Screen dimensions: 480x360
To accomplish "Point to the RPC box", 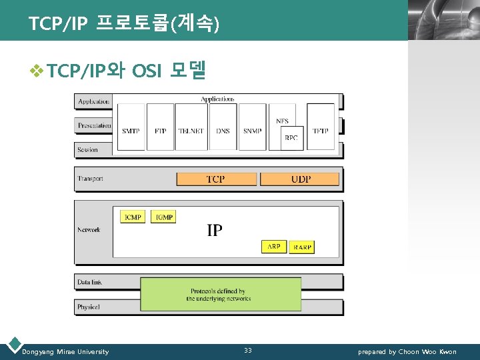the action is point(291,138).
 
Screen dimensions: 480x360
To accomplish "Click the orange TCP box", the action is point(215,179).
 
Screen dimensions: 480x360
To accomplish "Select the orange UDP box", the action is point(301,179).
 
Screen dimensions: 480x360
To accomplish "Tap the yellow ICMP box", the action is point(133,217).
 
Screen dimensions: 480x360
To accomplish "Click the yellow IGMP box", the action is point(163,217).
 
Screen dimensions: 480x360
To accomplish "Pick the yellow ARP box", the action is point(274,247).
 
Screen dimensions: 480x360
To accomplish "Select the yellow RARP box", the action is point(301,247).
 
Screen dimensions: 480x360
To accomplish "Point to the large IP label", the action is point(215,231).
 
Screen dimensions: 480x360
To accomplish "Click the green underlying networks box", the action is point(221,295).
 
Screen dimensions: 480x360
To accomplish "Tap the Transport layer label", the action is point(91,179).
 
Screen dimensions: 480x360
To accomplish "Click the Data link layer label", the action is point(90,282).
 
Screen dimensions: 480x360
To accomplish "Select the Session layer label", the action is point(88,150).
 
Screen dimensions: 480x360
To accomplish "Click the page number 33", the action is point(248,351).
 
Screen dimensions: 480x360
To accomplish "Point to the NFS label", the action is point(282,121).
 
